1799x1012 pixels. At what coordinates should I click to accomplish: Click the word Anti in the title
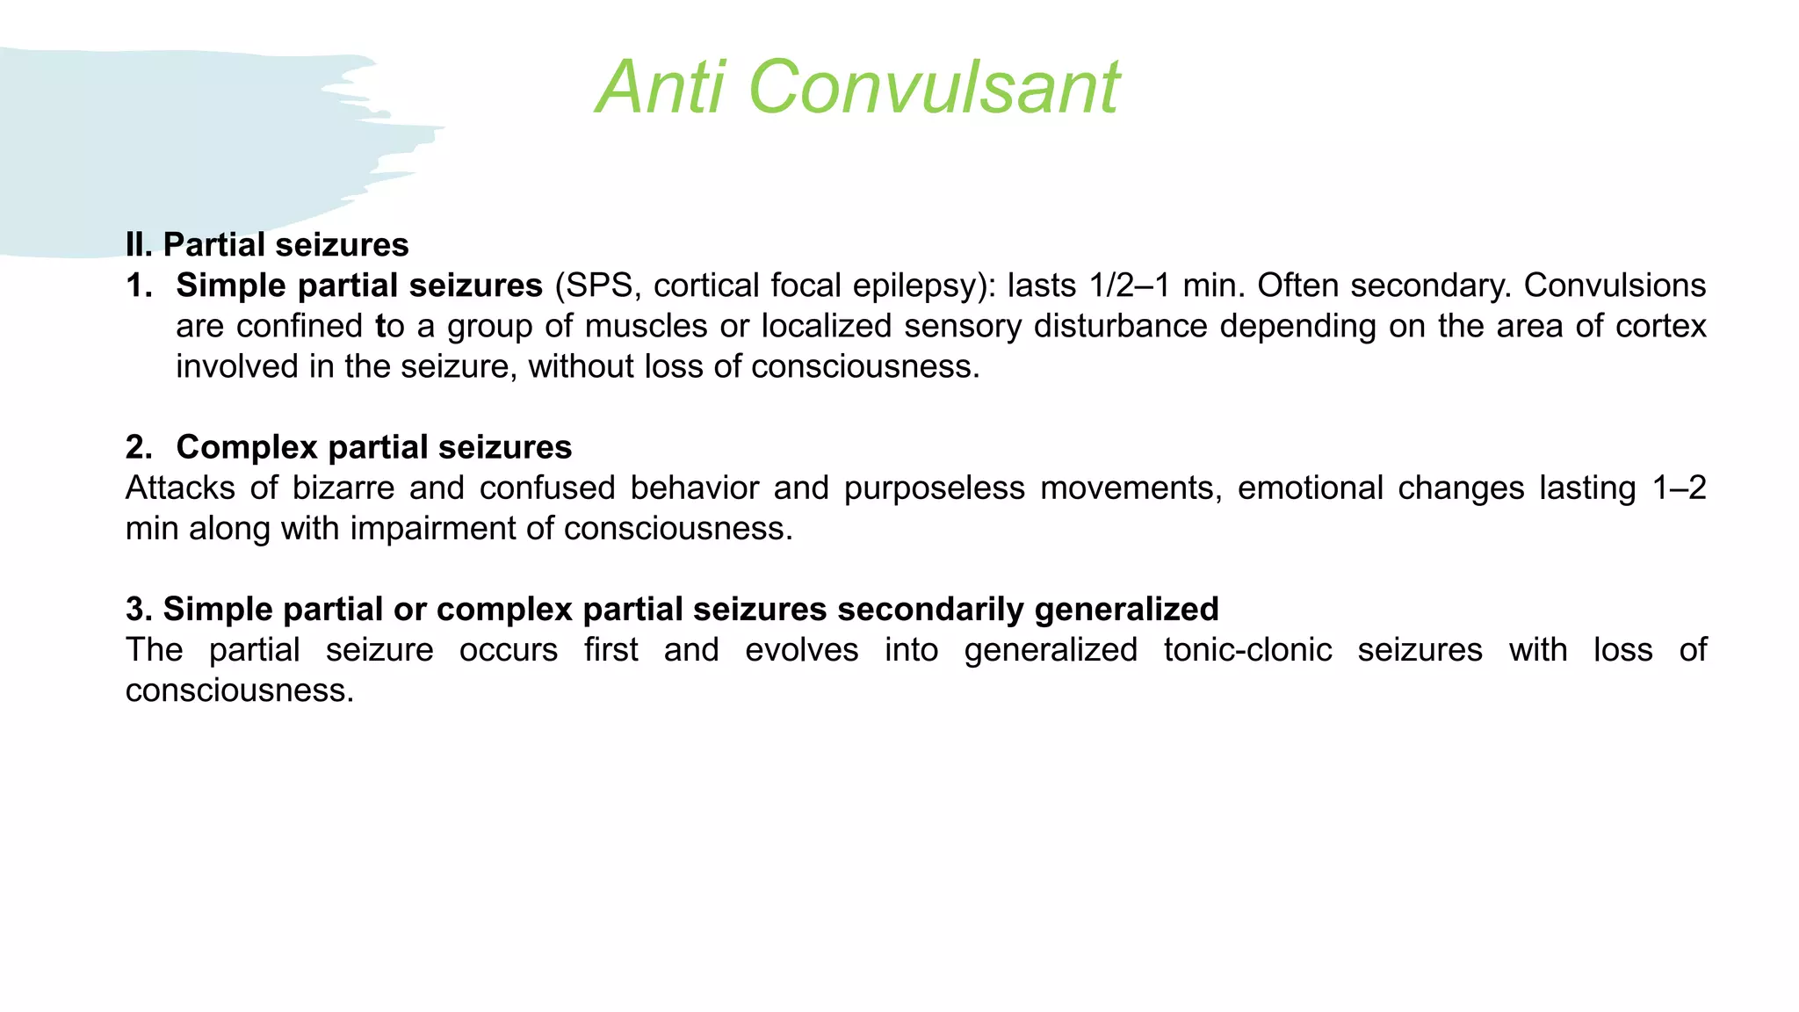[x=661, y=87]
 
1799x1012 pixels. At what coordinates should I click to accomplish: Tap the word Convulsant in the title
[x=933, y=87]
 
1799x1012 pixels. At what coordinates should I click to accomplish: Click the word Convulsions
[x=1615, y=286]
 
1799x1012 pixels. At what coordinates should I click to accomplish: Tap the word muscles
[x=646, y=326]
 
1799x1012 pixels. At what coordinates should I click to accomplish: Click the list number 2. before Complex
[x=139, y=447]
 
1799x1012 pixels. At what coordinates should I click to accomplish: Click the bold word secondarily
[x=925, y=609]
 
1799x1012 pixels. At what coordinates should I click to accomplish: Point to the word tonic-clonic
[x=1247, y=650]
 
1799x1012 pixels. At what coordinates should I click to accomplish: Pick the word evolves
[x=801, y=650]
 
